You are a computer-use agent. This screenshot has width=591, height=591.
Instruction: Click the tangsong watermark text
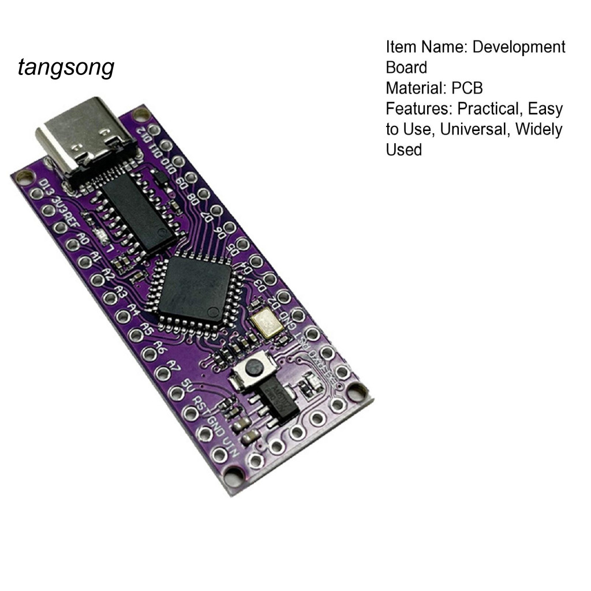[x=66, y=68]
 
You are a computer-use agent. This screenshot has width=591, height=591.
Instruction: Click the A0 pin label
[x=84, y=239]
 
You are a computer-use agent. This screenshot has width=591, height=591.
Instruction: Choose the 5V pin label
[x=186, y=384]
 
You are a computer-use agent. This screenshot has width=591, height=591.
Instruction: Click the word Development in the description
[x=519, y=47]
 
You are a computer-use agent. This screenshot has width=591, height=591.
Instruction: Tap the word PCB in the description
[x=467, y=88]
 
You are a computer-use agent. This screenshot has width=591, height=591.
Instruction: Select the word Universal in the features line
[x=475, y=129]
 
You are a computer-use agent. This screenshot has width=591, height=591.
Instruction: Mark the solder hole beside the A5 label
[x=134, y=334]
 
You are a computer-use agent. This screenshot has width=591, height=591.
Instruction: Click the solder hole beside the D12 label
[x=154, y=129]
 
